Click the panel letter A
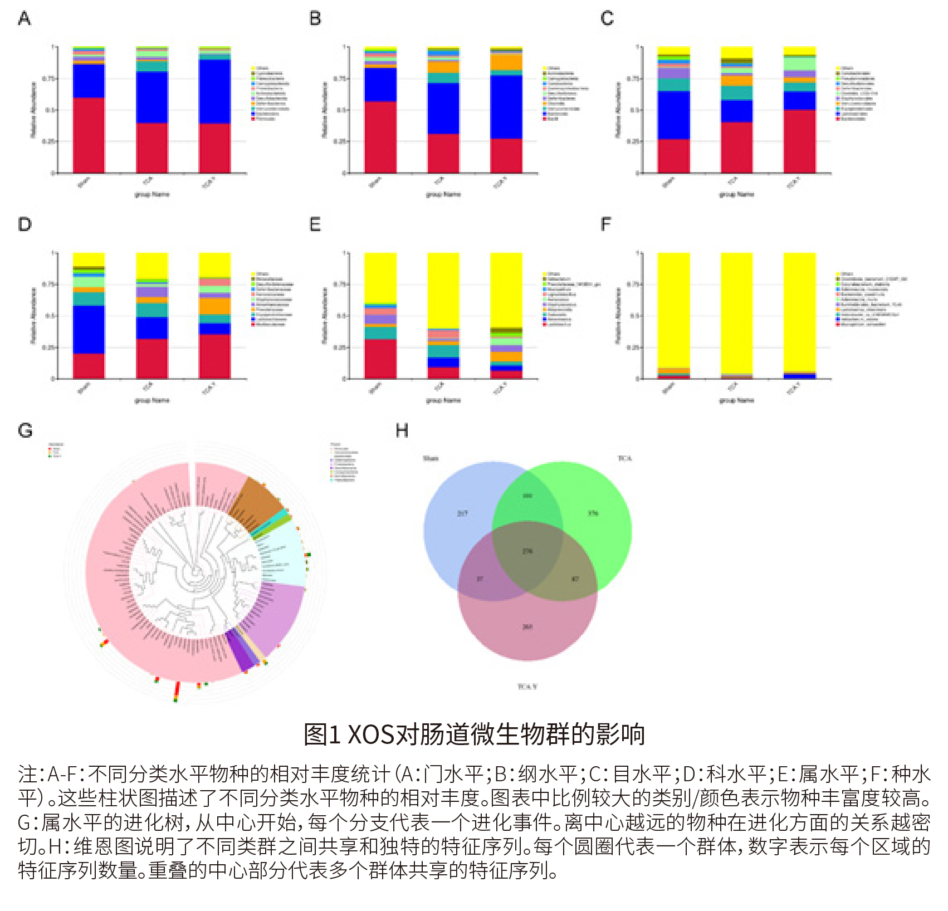coord(25,19)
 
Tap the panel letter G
coord(25,430)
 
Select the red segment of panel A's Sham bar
coord(89,135)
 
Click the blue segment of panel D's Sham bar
coord(89,329)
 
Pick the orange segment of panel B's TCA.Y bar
coord(506,62)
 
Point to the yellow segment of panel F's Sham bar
coord(673,309)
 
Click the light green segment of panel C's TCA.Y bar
coord(799,63)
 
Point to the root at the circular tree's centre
coord(195,571)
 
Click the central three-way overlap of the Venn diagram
coord(527,551)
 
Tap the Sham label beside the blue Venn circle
coord(431,458)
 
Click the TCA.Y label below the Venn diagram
coord(527,687)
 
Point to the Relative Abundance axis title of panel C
coord(618,110)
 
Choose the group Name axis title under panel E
coord(443,400)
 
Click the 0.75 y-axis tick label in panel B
coord(338,79)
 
